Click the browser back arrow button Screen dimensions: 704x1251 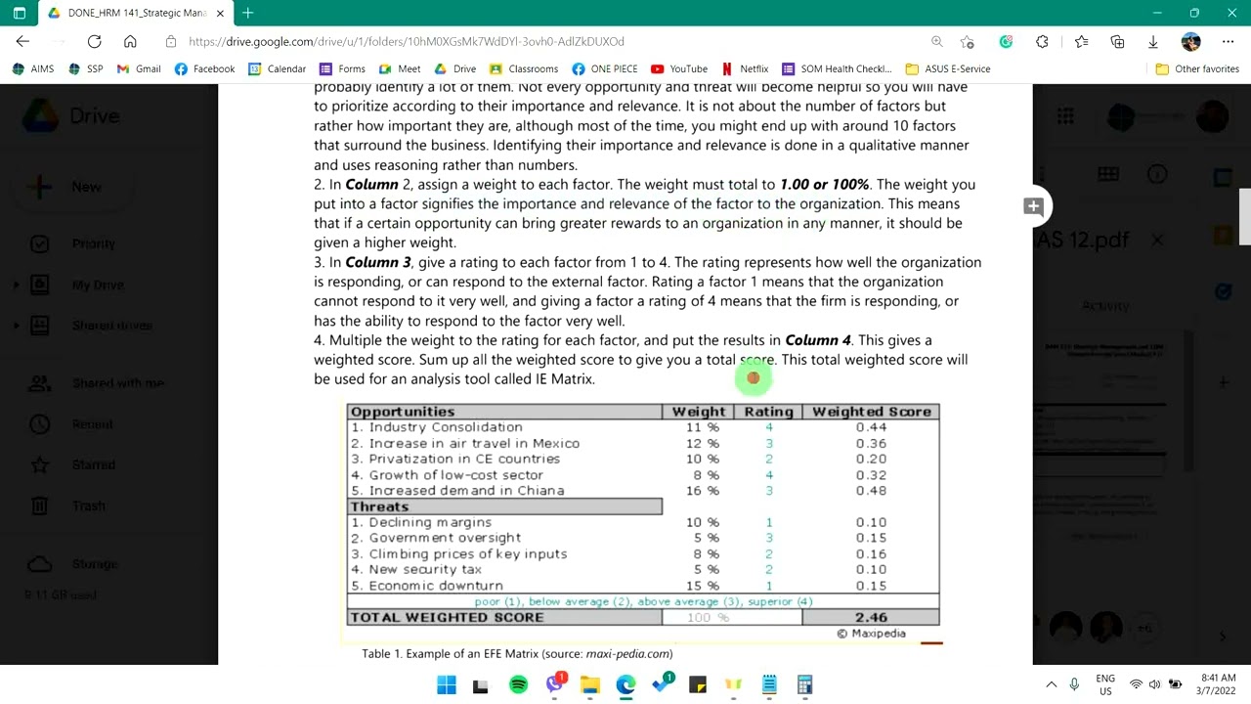coord(22,41)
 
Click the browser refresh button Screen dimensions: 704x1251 coord(94,41)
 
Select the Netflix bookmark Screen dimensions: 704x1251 coord(745,68)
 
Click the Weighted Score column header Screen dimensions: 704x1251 coord(871,412)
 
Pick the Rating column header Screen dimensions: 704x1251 coord(768,412)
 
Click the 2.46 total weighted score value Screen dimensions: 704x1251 coord(871,617)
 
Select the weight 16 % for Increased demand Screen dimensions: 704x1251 coord(702,491)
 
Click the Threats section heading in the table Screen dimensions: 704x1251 coord(379,506)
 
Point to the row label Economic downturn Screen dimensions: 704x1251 coord(436,586)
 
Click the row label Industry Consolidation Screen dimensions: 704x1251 coord(445,427)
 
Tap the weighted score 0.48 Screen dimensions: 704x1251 coord(871,491)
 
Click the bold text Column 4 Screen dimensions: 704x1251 coord(818,340)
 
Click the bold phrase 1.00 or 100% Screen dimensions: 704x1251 coord(824,184)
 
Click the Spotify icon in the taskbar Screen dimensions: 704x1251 coord(518,684)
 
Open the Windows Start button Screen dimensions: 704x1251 coord(447,684)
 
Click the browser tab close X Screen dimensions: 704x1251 coord(220,13)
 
